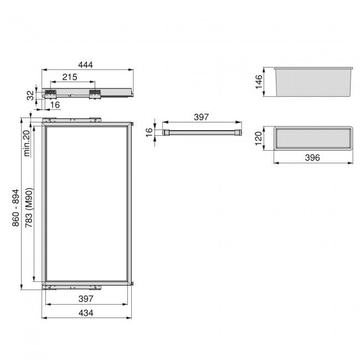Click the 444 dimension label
coord(85,65)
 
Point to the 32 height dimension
coord(30,94)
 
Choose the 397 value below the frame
coord(88,299)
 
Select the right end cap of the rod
coord(238,132)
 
